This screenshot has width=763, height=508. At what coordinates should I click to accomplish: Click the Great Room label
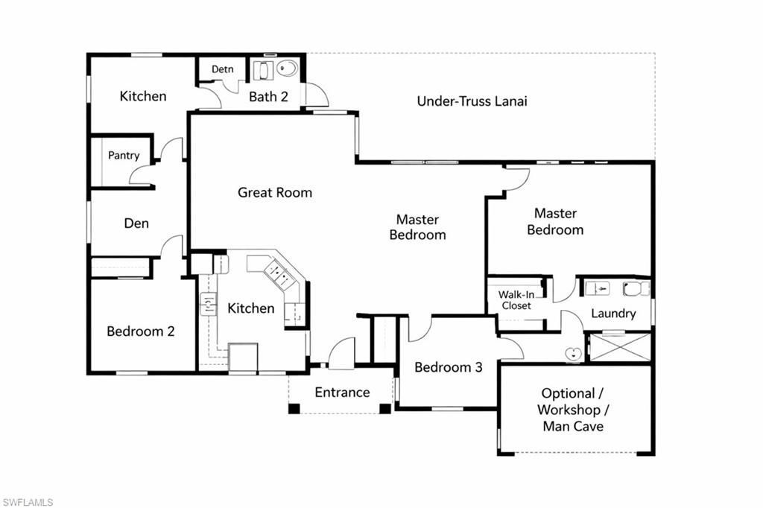click(x=275, y=193)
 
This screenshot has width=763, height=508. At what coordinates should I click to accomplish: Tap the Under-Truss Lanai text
click(x=472, y=101)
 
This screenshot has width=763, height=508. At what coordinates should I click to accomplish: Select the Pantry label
click(x=124, y=156)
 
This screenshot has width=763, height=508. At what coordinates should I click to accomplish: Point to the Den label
click(x=136, y=223)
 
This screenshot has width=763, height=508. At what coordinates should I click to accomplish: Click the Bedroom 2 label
click(x=141, y=331)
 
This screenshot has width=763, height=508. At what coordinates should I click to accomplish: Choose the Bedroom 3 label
click(x=448, y=367)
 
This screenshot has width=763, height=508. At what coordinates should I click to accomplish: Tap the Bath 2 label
click(x=268, y=97)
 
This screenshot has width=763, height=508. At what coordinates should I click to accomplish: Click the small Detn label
click(x=222, y=69)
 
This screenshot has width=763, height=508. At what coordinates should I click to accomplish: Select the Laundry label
click(x=613, y=314)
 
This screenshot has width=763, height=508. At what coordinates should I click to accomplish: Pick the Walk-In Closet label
click(x=516, y=300)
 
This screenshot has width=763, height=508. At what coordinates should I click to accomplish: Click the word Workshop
click(x=569, y=410)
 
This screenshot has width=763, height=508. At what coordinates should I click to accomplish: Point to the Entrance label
click(x=342, y=393)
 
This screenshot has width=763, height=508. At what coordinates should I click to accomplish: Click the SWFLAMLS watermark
click(x=28, y=502)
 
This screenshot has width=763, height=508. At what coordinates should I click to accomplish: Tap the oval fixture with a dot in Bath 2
click(x=288, y=68)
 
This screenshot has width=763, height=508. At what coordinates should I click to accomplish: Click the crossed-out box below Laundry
click(x=620, y=347)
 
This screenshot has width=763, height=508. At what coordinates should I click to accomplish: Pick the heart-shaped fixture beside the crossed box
click(x=573, y=353)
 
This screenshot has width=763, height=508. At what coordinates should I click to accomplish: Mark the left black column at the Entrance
click(x=294, y=409)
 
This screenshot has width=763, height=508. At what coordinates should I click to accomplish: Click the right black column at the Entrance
click(x=385, y=409)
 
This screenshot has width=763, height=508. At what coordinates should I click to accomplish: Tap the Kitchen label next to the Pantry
click(x=143, y=96)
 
